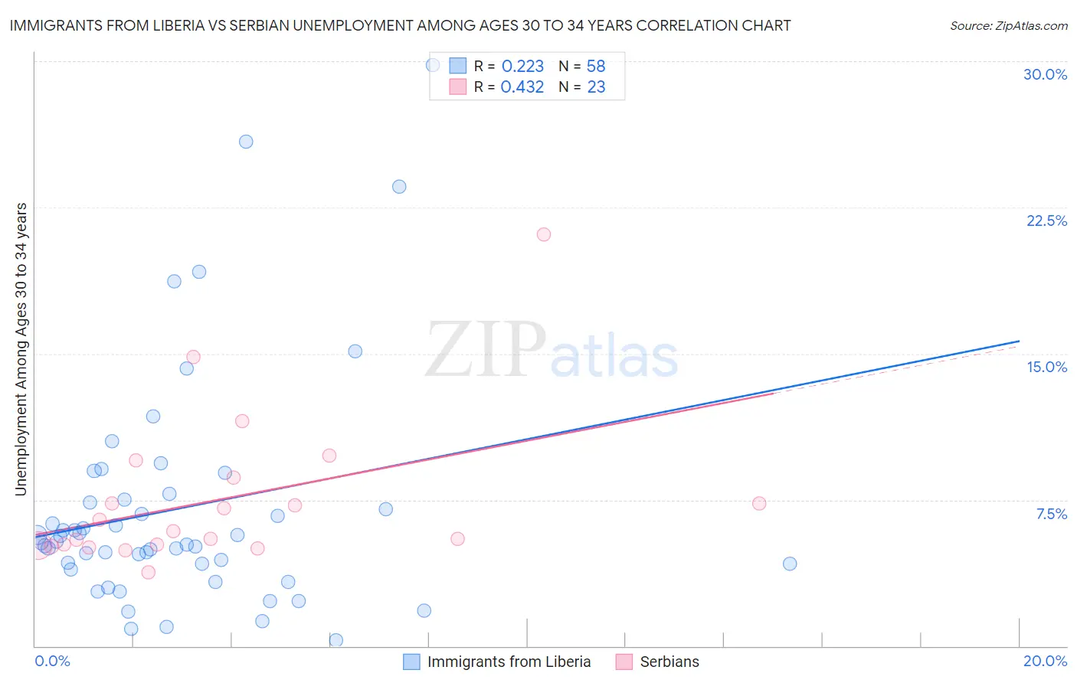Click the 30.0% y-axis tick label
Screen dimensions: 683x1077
(x=1045, y=74)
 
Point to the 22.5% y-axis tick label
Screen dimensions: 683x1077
(x=1046, y=221)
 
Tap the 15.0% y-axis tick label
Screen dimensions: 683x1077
(x=1046, y=367)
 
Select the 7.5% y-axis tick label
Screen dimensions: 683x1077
(x=1051, y=514)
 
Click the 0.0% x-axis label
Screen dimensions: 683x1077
(x=52, y=661)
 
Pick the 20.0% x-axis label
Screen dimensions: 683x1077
(x=1045, y=661)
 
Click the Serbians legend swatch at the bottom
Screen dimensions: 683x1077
(x=624, y=662)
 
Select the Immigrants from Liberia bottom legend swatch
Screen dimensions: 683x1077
(x=411, y=662)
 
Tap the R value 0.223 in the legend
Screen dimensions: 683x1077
(x=522, y=67)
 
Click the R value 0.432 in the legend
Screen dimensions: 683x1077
(x=522, y=87)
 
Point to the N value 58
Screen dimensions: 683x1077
(x=596, y=67)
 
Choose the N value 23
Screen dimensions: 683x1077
(x=596, y=87)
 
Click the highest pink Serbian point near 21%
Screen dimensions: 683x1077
(x=544, y=234)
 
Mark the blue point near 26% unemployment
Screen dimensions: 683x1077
(x=246, y=142)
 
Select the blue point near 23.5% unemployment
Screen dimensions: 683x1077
(x=399, y=187)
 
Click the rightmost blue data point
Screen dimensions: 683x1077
(x=790, y=564)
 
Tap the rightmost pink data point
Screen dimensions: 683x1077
(x=759, y=503)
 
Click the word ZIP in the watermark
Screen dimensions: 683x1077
(x=486, y=349)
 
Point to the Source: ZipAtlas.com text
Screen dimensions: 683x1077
(x=1008, y=26)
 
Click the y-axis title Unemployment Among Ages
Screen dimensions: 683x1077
(x=21, y=349)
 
